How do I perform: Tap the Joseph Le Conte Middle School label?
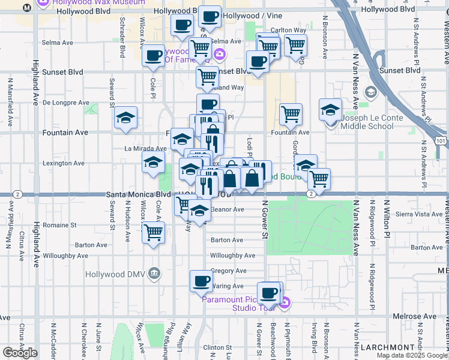[x=368, y=122]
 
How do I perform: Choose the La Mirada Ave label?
[x=145, y=148]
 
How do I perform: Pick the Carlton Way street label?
[x=289, y=30]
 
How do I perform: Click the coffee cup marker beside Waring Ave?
[x=202, y=280]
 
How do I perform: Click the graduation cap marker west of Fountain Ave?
[x=125, y=118]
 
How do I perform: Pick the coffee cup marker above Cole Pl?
[x=154, y=55]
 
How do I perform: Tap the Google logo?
[x=20, y=353]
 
